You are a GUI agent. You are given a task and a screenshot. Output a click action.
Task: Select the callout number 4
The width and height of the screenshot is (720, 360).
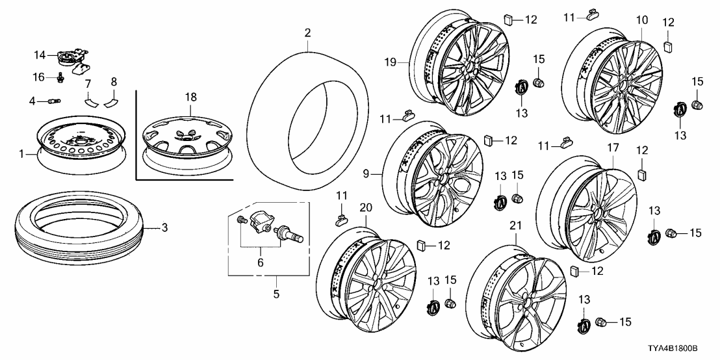click(32, 101)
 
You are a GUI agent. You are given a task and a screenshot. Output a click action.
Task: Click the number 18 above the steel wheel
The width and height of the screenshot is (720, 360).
click(190, 96)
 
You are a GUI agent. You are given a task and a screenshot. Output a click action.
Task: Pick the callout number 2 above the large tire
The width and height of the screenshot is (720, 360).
click(307, 32)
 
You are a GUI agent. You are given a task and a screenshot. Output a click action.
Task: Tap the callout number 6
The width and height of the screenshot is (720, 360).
click(261, 263)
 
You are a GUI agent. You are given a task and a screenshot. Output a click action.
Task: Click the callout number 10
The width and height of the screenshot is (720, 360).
click(641, 20)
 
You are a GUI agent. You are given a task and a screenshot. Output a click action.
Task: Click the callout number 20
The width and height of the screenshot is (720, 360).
click(365, 207)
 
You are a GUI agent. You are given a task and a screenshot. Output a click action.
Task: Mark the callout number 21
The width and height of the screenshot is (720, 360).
click(515, 225)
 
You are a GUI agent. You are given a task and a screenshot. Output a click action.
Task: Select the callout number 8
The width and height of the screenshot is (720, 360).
click(114, 83)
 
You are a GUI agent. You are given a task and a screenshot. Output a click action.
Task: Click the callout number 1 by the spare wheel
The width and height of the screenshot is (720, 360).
click(23, 154)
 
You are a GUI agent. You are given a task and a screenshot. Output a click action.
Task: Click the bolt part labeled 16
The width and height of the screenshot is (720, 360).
click(60, 78)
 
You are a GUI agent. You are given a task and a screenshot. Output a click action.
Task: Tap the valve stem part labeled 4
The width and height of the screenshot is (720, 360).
click(54, 101)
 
